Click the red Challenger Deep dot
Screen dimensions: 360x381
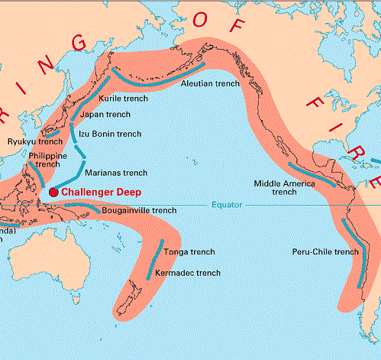53,192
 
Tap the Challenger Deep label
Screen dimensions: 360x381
100,192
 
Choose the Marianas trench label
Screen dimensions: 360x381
116,174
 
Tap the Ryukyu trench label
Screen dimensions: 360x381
34,141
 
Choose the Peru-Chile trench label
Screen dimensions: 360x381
325,251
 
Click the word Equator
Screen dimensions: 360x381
228,206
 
